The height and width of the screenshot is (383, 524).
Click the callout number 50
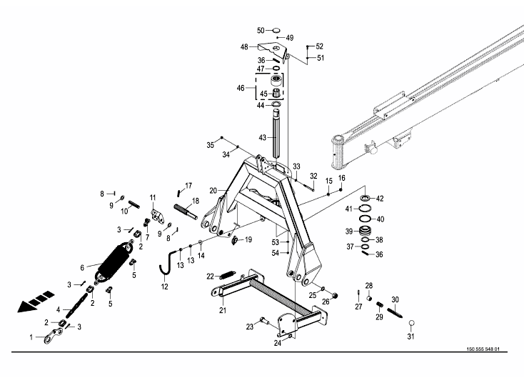click(261, 31)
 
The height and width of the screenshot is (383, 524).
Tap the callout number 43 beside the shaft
click(262, 137)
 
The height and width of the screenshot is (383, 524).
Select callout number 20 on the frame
click(213, 191)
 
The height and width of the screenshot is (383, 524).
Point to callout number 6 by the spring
click(82, 267)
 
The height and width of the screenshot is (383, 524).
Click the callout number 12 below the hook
click(164, 287)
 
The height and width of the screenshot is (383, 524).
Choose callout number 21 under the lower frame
click(222, 310)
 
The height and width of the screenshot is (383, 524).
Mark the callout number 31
click(410, 337)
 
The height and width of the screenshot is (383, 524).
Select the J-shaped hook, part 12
click(169, 259)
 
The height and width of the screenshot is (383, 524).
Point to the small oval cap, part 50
click(274, 31)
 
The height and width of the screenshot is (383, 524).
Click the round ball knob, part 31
click(410, 323)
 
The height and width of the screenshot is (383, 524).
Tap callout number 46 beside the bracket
click(241, 88)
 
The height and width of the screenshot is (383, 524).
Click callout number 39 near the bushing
click(349, 231)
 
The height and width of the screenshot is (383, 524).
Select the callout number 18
click(196, 201)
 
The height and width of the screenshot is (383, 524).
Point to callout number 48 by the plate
click(244, 47)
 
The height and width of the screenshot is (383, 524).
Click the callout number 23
click(249, 326)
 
